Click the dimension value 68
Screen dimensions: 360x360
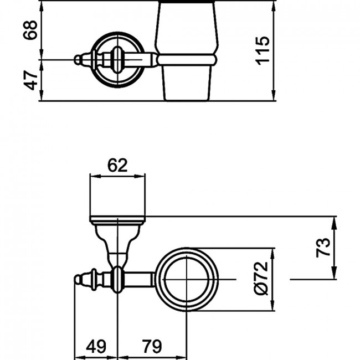tap(30, 30)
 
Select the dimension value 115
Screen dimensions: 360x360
tap(262, 50)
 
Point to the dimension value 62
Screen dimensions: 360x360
tap(117, 165)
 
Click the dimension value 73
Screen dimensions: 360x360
tap(323, 248)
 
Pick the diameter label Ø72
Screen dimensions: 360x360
tap(261, 278)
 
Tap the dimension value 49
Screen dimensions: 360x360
tap(96, 346)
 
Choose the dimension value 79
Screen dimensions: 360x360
tap(152, 346)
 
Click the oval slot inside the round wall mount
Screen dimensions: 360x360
tap(117, 60)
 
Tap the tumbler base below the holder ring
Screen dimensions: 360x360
tap(187, 83)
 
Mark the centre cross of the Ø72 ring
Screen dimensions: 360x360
tap(187, 279)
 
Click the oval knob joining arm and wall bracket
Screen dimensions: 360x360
tap(117, 279)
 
